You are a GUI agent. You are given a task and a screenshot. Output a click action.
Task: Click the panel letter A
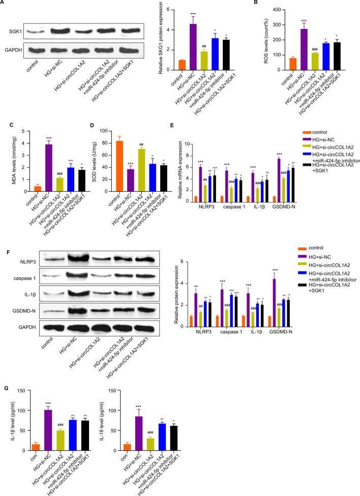click(x=4, y=4)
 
